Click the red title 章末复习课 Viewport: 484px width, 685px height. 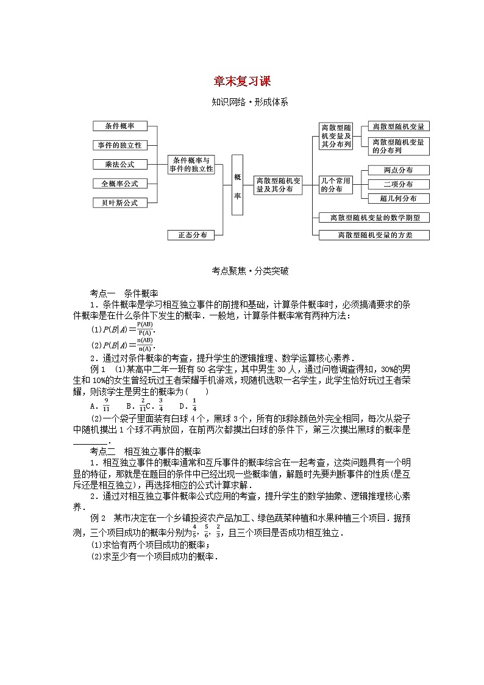tap(241, 82)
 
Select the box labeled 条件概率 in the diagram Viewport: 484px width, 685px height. tap(120, 126)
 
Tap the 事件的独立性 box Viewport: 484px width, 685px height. tap(120, 145)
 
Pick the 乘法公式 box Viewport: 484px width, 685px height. tap(120, 164)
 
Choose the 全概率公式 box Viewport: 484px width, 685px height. tap(120, 184)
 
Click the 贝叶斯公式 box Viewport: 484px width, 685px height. tap(120, 203)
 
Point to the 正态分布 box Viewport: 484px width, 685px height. tap(192, 235)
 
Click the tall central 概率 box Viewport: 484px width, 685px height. tap(237, 185)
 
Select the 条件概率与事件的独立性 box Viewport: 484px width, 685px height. tap(192, 164)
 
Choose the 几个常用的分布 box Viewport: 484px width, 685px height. tap(336, 184)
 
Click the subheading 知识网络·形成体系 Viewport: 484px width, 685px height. tap(241, 102)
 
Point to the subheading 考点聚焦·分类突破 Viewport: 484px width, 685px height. tap(241, 271)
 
